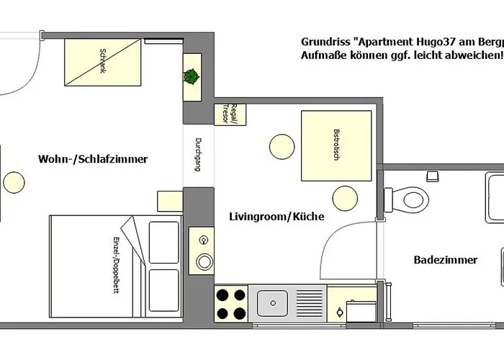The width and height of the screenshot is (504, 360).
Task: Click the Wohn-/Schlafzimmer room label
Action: (x=93, y=159)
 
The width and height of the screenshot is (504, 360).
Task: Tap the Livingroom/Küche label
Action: (x=276, y=216)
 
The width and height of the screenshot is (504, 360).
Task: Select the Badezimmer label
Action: (x=446, y=260)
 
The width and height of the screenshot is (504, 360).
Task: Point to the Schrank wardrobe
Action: (x=103, y=63)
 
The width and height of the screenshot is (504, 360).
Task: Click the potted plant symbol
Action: (x=192, y=77)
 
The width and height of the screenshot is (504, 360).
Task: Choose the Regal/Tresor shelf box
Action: (x=230, y=114)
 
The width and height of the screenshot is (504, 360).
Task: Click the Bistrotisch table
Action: (x=336, y=146)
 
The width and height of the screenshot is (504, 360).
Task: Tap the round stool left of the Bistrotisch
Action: (x=282, y=147)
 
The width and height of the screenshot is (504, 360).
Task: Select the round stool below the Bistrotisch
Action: (x=345, y=198)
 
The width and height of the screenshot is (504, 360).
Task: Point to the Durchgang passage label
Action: (x=198, y=155)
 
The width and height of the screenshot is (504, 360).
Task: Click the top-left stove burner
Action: (x=222, y=294)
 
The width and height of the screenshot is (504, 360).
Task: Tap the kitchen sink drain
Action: (x=273, y=303)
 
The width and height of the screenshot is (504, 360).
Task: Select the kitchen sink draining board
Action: (x=310, y=303)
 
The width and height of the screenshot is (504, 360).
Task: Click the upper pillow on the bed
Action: (x=164, y=243)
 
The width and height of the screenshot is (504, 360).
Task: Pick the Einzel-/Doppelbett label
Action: (x=116, y=265)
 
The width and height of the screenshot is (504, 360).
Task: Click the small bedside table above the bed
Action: (x=170, y=201)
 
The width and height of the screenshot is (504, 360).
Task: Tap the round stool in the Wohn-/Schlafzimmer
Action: (x=14, y=182)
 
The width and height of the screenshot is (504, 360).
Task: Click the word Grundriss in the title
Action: (x=325, y=42)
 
